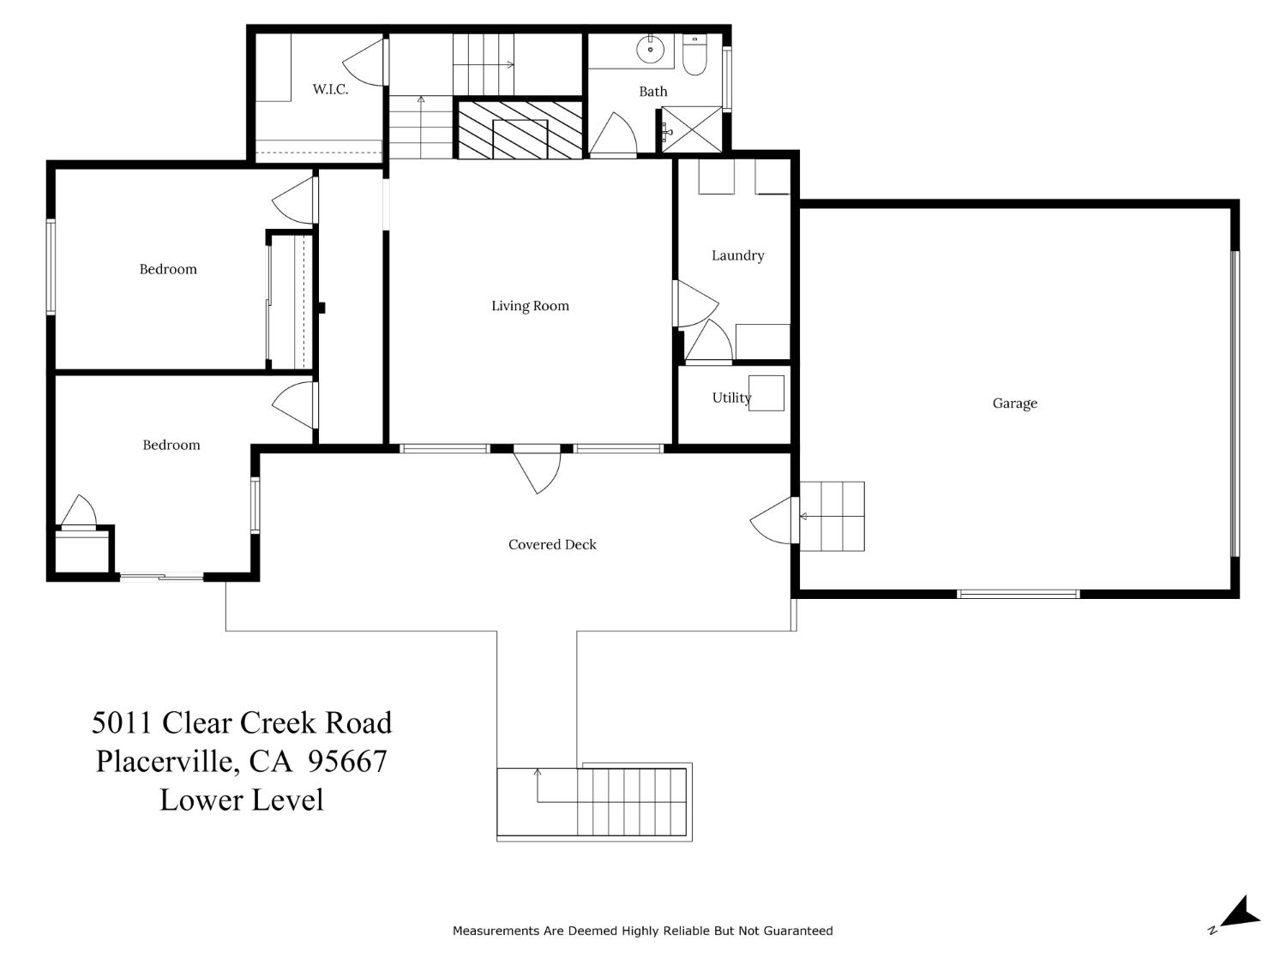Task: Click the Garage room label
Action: (1014, 403)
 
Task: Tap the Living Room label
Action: (530, 306)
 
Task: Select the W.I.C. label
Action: (330, 89)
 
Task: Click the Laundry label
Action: (737, 255)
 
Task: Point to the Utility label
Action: (730, 398)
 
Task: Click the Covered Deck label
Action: (552, 544)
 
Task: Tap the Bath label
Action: (652, 92)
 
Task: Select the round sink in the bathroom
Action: (651, 49)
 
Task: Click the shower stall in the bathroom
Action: (692, 131)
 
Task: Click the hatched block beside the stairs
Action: (520, 129)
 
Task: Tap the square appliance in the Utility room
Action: (766, 393)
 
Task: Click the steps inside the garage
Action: (832, 516)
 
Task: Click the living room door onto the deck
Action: (538, 470)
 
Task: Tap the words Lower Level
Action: (242, 799)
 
